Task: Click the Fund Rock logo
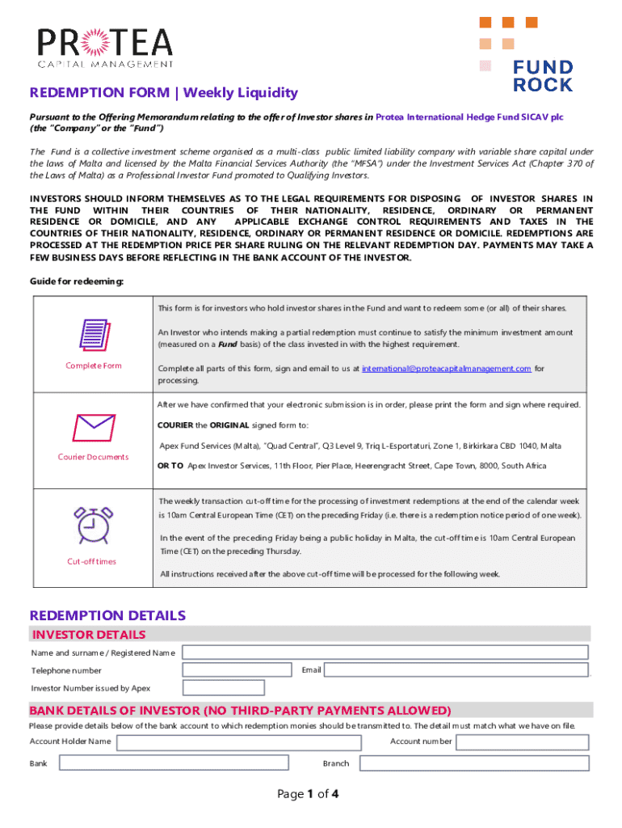[x=526, y=53]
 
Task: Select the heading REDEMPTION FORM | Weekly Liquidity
[x=164, y=93]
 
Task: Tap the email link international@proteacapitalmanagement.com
[x=446, y=368]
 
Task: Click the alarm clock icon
[x=93, y=525]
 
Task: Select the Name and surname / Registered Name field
[x=385, y=653]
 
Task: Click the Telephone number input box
[x=237, y=670]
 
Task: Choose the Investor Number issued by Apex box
[x=224, y=688]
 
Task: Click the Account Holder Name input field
[x=239, y=741]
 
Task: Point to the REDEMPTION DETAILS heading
[x=107, y=615]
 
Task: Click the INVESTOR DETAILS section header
[x=88, y=635]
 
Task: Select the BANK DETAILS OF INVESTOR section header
[x=240, y=711]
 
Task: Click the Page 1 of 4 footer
[x=308, y=794]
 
